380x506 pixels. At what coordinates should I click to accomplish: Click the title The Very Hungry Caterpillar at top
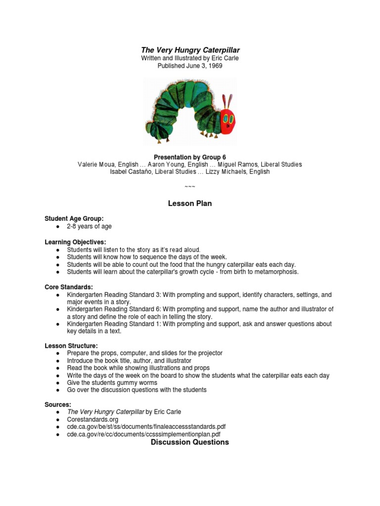point(190,50)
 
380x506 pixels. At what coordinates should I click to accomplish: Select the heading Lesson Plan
point(190,204)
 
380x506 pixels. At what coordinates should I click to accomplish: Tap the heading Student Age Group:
point(74,218)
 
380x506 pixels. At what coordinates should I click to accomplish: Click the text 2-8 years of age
point(90,226)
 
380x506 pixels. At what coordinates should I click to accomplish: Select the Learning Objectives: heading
point(75,242)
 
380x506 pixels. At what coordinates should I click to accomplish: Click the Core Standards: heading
point(68,287)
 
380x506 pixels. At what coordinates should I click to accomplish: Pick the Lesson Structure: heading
point(71,345)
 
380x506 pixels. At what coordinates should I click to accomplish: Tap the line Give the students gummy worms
point(112,383)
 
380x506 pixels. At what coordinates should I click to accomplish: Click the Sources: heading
point(58,404)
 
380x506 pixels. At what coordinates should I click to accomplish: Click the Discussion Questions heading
point(190,442)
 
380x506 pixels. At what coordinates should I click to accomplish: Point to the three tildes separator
point(190,186)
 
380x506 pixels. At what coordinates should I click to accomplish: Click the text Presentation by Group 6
point(190,157)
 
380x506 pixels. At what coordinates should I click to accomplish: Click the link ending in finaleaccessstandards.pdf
point(142,426)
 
